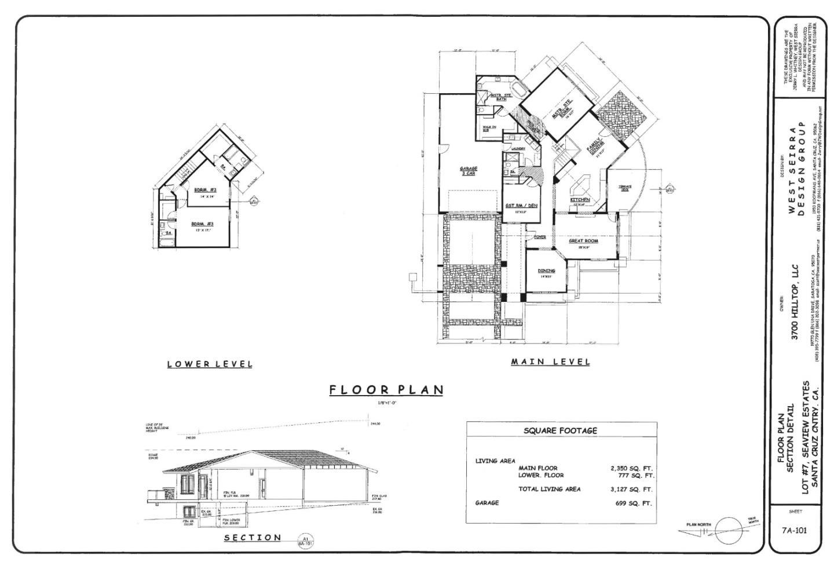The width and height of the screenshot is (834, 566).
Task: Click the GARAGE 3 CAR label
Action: [x=469, y=171]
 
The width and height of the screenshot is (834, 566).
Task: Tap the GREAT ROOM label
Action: [x=583, y=241]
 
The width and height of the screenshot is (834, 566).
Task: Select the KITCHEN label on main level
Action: [x=580, y=200]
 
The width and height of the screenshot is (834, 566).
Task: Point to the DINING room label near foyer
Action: [x=546, y=271]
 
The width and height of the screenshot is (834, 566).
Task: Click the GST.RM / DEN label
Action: [x=521, y=206]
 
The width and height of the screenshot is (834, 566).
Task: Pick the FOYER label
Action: [x=539, y=237]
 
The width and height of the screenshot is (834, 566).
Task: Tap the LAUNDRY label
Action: [x=518, y=149]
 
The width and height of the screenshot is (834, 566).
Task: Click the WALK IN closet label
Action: [x=489, y=128]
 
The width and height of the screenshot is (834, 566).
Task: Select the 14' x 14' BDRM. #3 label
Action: [x=205, y=190]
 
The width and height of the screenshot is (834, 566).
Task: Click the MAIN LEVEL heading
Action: [x=550, y=362]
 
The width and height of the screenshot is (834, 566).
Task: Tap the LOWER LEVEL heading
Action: [x=210, y=364]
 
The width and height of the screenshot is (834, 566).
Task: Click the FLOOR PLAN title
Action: [x=386, y=390]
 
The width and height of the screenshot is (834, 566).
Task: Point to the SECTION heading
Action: [x=253, y=538]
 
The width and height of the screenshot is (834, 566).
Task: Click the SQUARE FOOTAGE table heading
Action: [x=560, y=431]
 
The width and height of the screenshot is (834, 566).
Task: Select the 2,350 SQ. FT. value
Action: [x=632, y=468]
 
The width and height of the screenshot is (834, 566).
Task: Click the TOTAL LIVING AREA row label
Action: [x=549, y=490]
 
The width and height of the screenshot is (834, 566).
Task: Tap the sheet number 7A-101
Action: [x=794, y=530]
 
